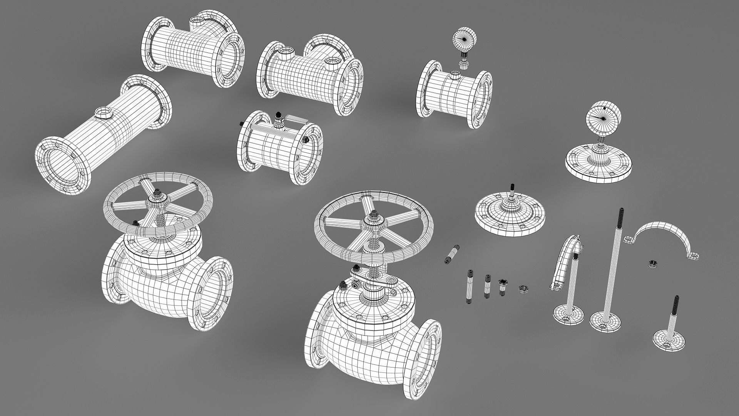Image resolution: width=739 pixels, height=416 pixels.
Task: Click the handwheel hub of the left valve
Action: (158, 198)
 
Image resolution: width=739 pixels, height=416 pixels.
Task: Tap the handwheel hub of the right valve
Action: (373, 221)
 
